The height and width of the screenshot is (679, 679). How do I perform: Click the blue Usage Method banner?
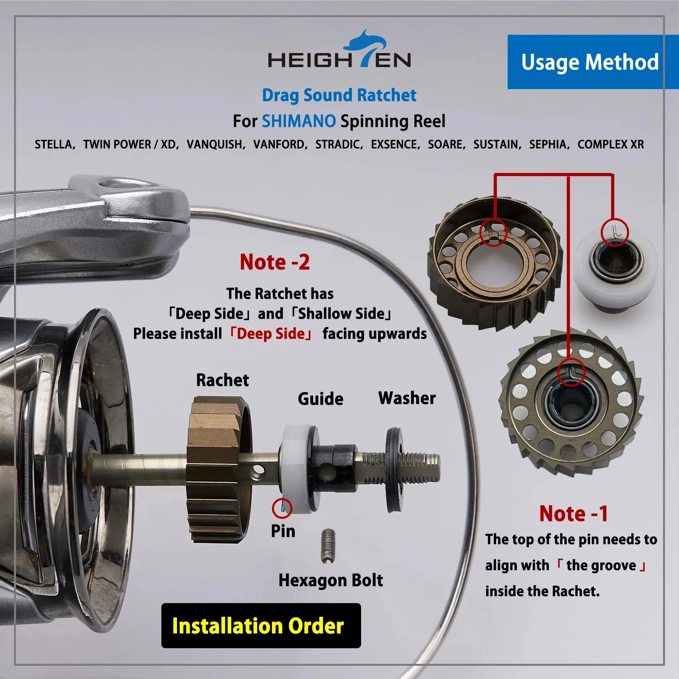[593, 62]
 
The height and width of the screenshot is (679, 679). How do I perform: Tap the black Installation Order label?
[261, 625]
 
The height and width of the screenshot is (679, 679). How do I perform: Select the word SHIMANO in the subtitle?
[299, 121]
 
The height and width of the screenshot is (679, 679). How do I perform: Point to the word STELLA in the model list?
[54, 144]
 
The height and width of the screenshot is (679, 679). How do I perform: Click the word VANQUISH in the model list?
[216, 144]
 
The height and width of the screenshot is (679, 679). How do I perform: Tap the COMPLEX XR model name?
[611, 144]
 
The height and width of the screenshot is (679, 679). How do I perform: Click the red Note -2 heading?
[275, 262]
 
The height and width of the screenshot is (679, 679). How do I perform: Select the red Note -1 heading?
[574, 514]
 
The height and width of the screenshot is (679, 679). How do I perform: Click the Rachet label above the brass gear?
[222, 380]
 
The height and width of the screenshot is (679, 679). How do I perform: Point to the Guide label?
[320, 399]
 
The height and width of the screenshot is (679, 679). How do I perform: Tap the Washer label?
[407, 398]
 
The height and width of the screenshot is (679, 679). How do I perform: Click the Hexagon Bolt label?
[331, 580]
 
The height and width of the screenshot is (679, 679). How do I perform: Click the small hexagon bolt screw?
[328, 546]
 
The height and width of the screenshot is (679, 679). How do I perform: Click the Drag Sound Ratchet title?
[339, 95]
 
